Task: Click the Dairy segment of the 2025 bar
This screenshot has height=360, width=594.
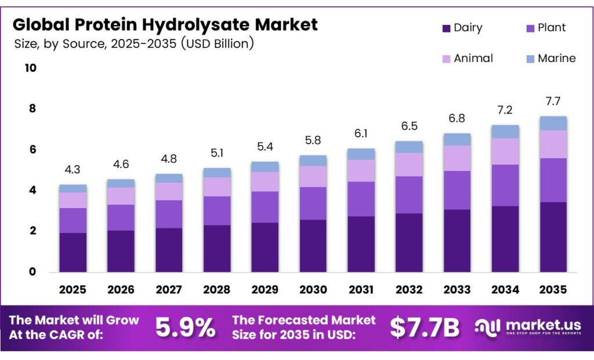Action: tap(73, 252)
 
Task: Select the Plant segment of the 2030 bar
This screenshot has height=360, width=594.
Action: tap(313, 203)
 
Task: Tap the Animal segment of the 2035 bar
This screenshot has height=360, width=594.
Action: tap(553, 144)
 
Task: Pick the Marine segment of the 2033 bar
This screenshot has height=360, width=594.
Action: tap(457, 139)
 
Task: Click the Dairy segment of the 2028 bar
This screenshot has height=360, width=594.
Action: tap(217, 248)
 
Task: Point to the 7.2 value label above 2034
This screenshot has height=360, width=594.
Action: tap(504, 110)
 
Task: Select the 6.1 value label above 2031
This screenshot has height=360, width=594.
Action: tap(361, 134)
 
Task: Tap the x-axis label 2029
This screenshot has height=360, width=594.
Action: tap(265, 289)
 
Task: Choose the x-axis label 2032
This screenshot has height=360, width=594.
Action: tap(409, 289)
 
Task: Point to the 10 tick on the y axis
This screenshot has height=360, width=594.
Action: tap(30, 68)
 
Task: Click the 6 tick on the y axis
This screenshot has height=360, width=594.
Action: tap(32, 150)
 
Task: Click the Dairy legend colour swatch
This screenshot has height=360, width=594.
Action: tap(447, 28)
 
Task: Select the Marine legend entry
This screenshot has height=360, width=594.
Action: tap(556, 58)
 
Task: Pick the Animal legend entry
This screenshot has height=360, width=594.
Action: tap(473, 58)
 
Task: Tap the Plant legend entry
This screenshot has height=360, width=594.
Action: tap(551, 28)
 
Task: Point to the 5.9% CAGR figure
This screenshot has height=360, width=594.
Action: tap(186, 328)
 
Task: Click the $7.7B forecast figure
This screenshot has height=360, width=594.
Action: tap(424, 328)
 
